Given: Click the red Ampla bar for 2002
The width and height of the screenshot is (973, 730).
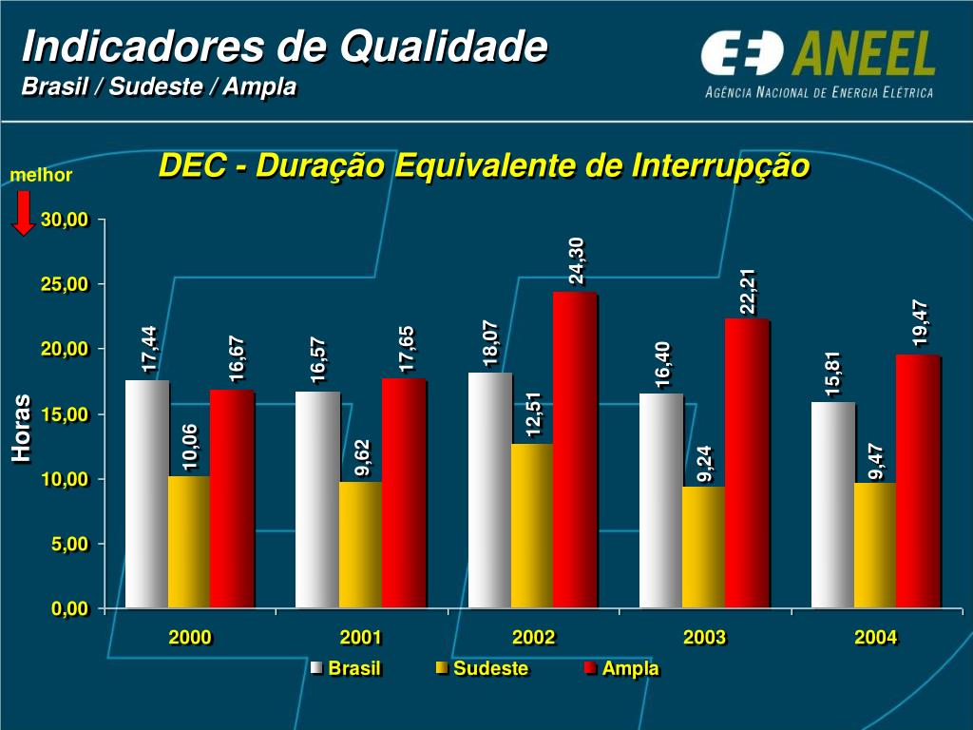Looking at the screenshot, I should (575, 450).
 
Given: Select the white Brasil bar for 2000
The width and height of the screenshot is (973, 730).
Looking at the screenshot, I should (146, 493).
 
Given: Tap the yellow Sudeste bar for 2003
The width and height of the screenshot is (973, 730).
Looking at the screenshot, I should (703, 547).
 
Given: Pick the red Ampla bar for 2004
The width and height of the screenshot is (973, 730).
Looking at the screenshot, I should (917, 481).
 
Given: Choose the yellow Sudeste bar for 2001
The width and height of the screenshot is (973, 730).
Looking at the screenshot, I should (360, 544).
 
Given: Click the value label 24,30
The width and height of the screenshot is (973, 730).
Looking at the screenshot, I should (577, 261).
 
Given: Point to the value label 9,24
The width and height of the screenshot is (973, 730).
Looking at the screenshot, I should (704, 463).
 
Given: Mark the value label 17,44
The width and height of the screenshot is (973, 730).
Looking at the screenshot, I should (149, 349).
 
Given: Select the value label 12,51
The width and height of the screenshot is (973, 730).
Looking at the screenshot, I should (533, 415).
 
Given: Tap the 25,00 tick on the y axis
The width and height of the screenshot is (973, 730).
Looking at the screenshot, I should (65, 284).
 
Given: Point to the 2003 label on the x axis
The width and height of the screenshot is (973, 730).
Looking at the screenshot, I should (704, 638).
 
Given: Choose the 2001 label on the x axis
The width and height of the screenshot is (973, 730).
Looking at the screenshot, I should (361, 638).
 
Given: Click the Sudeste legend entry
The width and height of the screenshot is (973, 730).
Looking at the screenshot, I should (482, 668).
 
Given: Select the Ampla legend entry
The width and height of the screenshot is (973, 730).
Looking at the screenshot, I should (621, 668).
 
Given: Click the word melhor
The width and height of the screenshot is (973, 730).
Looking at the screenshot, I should (41, 176).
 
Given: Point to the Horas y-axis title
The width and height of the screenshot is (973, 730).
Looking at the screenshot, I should (22, 429).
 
